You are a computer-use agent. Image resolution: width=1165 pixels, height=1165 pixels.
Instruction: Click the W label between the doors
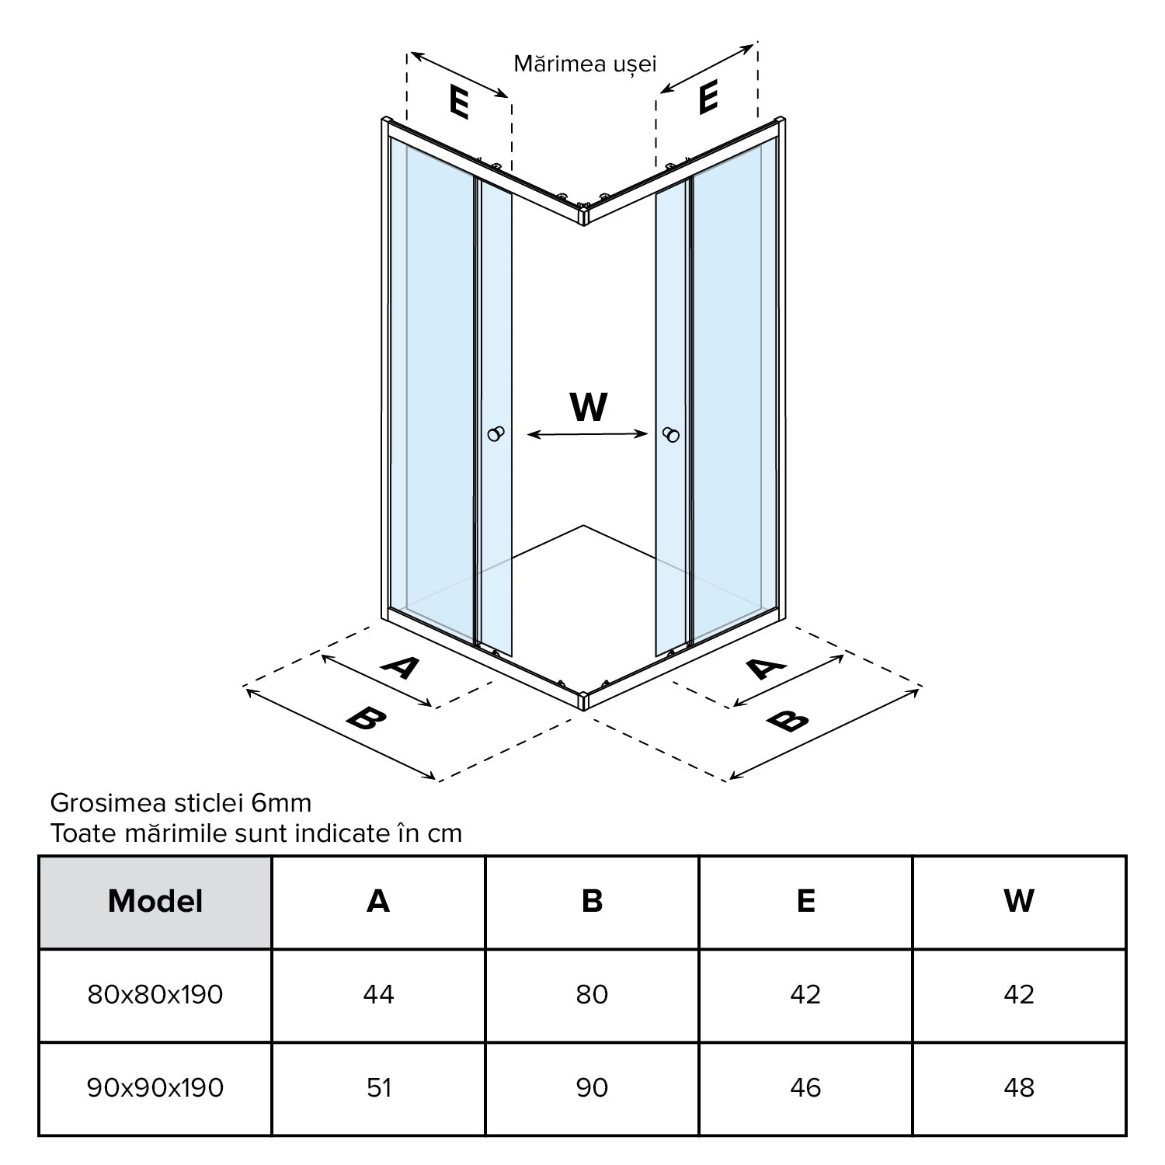pyautogui.click(x=588, y=407)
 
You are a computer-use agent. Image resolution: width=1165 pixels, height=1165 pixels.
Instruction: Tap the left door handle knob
pyautogui.click(x=496, y=434)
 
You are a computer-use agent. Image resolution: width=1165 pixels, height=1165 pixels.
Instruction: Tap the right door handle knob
pyautogui.click(x=671, y=435)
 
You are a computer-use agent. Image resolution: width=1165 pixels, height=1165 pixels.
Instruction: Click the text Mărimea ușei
pyautogui.click(x=585, y=64)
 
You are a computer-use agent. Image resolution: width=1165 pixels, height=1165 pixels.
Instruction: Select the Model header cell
pyautogui.click(x=155, y=902)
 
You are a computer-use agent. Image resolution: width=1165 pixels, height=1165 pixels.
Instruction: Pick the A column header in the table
pyautogui.click(x=378, y=902)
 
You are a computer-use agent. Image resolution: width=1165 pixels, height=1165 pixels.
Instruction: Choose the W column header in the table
pyautogui.click(x=1019, y=902)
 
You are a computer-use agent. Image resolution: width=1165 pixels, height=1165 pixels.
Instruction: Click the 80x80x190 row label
pyautogui.click(x=155, y=995)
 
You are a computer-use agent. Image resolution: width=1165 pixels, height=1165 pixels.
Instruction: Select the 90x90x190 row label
pyautogui.click(x=155, y=1088)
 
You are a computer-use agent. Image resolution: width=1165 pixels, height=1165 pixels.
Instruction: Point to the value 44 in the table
pyautogui.click(x=378, y=995)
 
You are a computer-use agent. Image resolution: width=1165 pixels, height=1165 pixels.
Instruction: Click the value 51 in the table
pyautogui.click(x=378, y=1088)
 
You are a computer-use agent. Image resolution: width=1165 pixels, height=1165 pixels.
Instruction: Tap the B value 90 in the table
pyautogui.click(x=592, y=1088)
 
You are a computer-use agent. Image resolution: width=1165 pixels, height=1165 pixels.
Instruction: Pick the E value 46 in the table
pyautogui.click(x=805, y=1088)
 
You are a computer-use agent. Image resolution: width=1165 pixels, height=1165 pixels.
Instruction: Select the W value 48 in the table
pyautogui.click(x=1019, y=1088)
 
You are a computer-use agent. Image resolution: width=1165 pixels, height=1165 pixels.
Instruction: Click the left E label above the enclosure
pyautogui.click(x=459, y=102)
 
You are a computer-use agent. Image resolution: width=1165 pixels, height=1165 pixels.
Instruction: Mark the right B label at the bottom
pyautogui.click(x=787, y=721)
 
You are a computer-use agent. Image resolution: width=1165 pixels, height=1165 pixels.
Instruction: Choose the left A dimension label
pyautogui.click(x=400, y=666)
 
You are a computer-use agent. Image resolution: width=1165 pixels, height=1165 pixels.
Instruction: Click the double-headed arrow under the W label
pyautogui.click(x=587, y=435)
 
